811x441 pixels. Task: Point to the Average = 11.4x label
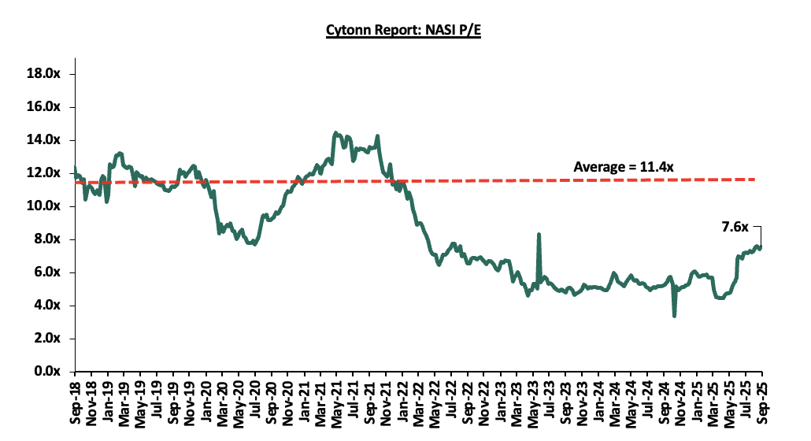(x=624, y=166)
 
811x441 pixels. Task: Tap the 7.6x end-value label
(x=736, y=227)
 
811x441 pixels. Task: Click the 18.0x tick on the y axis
(x=47, y=74)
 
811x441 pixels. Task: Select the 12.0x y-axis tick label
(x=47, y=173)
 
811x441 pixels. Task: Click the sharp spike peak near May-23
(x=539, y=235)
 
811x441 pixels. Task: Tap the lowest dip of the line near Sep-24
(x=675, y=316)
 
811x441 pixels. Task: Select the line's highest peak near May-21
(x=335, y=133)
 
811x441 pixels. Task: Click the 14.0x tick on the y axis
(x=47, y=140)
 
